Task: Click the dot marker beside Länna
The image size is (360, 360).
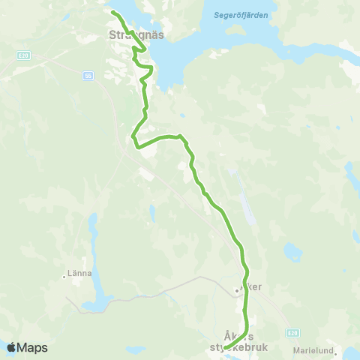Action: (64, 276)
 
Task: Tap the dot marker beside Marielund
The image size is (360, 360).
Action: (337, 349)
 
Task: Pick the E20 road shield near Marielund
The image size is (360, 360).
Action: (292, 331)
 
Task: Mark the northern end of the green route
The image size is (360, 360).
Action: (113, 13)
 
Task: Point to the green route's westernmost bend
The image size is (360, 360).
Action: (133, 137)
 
